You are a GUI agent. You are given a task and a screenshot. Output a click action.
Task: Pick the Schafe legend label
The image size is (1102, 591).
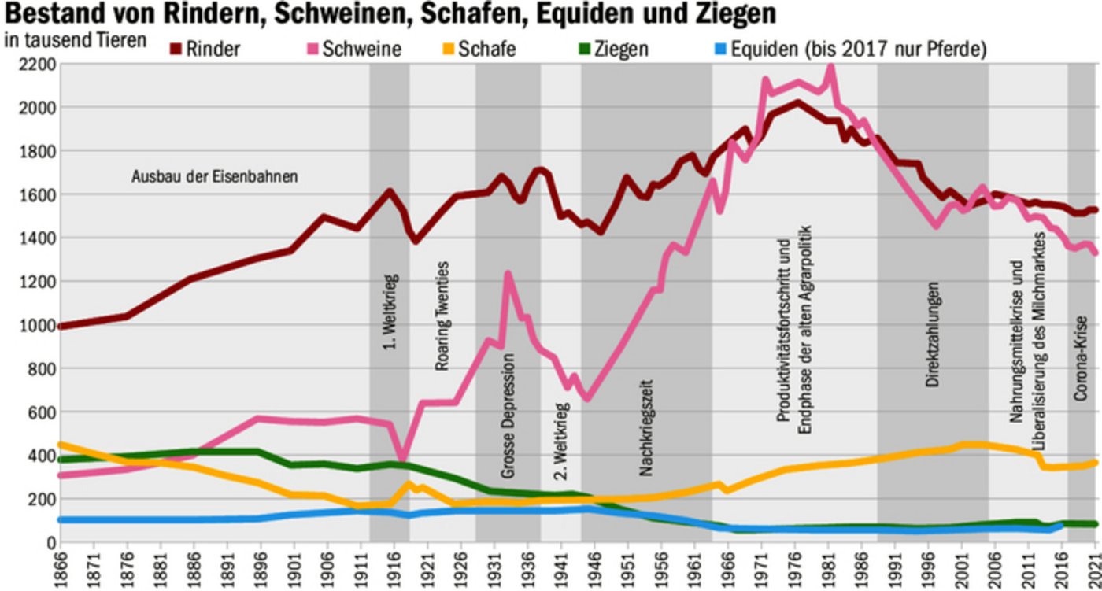pos(489,50)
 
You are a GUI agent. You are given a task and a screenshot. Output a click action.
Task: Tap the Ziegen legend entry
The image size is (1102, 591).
pos(621,50)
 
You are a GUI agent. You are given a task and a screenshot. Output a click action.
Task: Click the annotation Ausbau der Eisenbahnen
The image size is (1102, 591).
pos(214,177)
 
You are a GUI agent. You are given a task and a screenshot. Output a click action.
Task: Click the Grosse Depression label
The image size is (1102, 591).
pos(508,416)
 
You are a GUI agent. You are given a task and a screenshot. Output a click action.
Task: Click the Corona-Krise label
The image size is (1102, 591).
pos(1082,358)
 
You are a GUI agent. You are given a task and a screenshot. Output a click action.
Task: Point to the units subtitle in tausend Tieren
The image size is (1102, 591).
pos(76,39)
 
